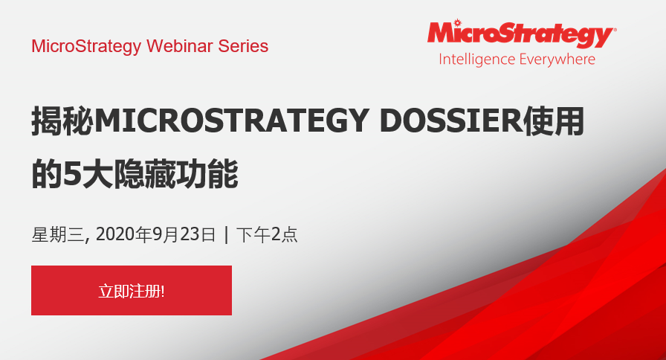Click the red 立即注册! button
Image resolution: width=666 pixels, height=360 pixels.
click(132, 290)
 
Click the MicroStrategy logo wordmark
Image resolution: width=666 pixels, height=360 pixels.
click(520, 34)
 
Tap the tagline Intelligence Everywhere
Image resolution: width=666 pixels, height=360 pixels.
click(517, 60)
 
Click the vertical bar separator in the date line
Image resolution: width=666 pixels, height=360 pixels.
click(226, 235)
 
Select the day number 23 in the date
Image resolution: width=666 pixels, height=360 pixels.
click(191, 235)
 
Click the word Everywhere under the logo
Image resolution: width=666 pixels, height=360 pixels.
click(557, 60)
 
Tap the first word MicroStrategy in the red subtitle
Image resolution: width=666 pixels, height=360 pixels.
click(86, 46)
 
